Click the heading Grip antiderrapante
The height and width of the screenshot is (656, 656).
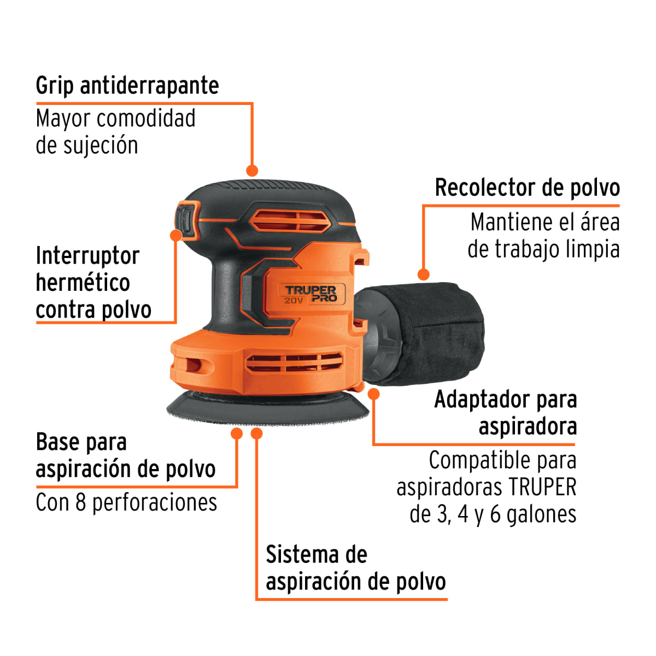(x=127, y=86)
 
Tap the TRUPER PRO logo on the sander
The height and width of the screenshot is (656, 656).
(x=311, y=294)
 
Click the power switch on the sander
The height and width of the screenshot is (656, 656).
(x=188, y=220)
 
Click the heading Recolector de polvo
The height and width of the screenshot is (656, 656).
(x=527, y=188)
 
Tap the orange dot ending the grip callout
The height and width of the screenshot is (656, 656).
(x=251, y=171)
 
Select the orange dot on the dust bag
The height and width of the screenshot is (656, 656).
(x=423, y=274)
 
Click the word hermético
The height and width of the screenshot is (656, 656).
(x=83, y=283)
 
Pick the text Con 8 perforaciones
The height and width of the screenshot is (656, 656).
(x=126, y=502)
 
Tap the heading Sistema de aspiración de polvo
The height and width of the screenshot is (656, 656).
(x=355, y=569)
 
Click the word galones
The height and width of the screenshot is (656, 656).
(x=541, y=514)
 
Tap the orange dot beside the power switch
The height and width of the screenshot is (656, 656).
(x=175, y=235)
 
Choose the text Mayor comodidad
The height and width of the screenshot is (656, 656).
(x=115, y=119)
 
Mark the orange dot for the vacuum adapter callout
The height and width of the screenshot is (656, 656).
(x=374, y=394)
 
